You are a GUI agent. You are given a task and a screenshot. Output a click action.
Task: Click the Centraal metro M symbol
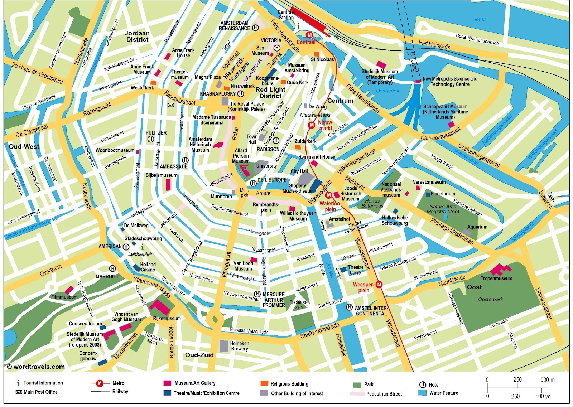click(310, 35)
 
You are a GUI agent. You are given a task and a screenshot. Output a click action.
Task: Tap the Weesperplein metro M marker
click(379, 285)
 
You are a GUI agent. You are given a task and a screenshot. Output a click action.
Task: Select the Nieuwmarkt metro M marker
click(312, 125)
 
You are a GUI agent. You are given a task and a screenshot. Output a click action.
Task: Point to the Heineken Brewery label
click(240, 346)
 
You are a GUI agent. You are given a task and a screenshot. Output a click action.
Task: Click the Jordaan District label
click(137, 36)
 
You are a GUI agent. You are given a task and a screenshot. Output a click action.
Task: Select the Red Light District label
click(270, 93)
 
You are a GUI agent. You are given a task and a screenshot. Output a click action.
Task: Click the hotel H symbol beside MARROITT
click(112, 268)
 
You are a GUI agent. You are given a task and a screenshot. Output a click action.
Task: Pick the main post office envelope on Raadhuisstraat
click(171, 105)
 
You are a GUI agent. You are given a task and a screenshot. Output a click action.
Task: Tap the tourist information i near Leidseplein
click(142, 247)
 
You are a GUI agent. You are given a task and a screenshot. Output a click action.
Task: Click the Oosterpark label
click(490, 299)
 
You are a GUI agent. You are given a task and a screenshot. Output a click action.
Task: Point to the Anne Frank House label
click(183, 53)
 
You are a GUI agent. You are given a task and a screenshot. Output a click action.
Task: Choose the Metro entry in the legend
click(118, 383)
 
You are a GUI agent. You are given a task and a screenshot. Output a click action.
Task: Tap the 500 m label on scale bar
click(547, 380)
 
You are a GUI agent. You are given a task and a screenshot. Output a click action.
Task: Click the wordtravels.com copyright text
click(36, 367)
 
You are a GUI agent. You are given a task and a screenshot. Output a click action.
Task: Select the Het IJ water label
click(479, 19)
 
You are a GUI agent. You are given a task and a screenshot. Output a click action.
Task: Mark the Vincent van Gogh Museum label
click(126, 316)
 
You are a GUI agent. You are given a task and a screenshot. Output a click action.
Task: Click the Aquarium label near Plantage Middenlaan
click(477, 227)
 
